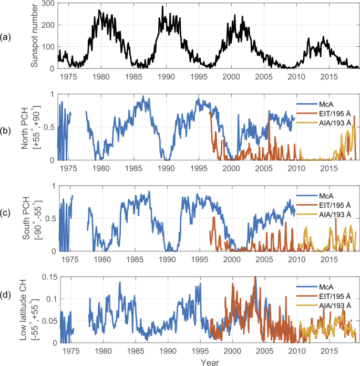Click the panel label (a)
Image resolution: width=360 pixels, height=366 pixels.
pos(6,36)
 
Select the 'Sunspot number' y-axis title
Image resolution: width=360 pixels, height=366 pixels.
pos(35,35)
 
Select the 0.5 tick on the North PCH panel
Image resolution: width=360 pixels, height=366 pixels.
pos(49,127)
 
